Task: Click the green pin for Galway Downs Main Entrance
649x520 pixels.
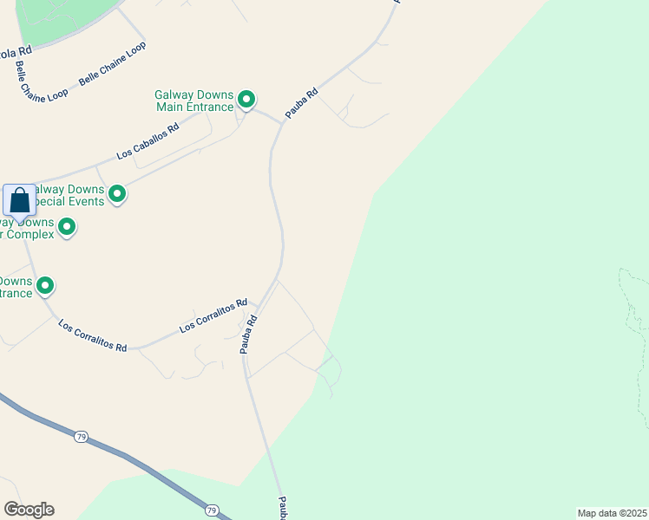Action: (x=246, y=101)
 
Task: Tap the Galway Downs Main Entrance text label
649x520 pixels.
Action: (x=195, y=101)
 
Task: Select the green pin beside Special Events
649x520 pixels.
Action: (x=116, y=194)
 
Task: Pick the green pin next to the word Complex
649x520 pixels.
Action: (x=65, y=227)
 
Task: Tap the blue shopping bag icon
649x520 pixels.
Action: (x=20, y=201)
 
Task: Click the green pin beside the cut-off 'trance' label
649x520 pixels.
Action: (x=45, y=284)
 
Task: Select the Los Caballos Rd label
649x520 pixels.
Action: (x=147, y=140)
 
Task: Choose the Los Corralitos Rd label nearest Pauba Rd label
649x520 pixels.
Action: (x=213, y=316)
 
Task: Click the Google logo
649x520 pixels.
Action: (x=29, y=510)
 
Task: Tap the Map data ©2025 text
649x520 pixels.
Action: (x=612, y=513)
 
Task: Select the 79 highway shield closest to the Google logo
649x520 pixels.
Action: (x=81, y=435)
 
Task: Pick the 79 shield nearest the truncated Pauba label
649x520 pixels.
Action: (x=212, y=510)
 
